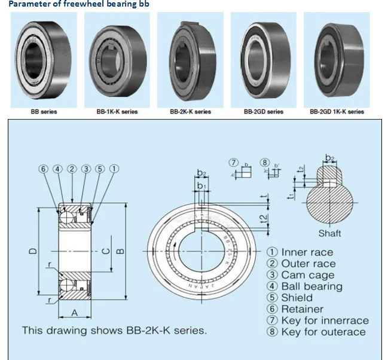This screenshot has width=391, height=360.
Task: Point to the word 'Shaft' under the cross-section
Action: point(329,233)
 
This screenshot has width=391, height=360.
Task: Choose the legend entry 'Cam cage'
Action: point(307,275)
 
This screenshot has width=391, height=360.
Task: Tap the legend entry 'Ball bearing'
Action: point(311,286)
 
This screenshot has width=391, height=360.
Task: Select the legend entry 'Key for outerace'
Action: point(323,332)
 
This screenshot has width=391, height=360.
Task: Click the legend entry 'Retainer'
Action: point(302,309)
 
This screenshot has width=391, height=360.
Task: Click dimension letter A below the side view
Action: point(75,312)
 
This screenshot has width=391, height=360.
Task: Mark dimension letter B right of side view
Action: point(120,251)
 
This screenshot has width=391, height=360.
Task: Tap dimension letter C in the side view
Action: point(105,251)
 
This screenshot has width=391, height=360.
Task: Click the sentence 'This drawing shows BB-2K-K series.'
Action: point(115,330)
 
